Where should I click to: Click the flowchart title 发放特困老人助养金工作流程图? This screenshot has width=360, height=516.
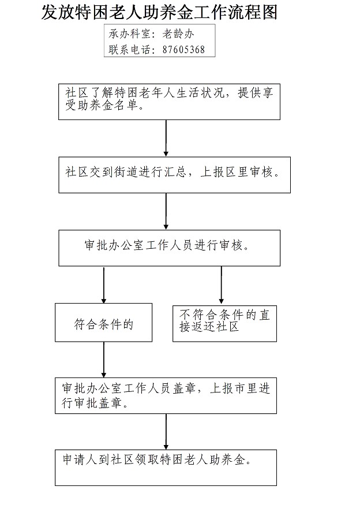(x=159, y=12)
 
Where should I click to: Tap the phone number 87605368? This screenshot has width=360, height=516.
(x=183, y=50)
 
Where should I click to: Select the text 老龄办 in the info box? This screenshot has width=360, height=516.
(x=178, y=33)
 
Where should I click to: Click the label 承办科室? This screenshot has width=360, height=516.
(x=129, y=33)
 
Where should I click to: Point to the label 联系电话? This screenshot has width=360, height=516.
(x=129, y=50)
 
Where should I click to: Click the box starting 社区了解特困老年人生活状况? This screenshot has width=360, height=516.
(x=169, y=102)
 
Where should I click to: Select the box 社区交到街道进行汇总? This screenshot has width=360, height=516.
(x=174, y=175)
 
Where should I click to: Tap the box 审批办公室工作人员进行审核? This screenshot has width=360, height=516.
(x=169, y=248)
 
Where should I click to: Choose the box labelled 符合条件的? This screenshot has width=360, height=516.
(x=103, y=323)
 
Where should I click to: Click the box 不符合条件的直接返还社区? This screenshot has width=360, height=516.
(x=224, y=323)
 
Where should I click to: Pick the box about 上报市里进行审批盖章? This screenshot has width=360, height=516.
(x=166, y=395)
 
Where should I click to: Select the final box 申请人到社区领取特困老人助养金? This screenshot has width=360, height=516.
(x=166, y=468)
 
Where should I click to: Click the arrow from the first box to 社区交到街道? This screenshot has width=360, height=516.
(x=166, y=138)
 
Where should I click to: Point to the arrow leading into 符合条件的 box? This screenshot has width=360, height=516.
(x=104, y=285)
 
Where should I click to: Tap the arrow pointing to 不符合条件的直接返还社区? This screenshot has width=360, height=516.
(x=221, y=285)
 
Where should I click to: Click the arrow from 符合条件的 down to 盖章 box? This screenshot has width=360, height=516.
(x=104, y=360)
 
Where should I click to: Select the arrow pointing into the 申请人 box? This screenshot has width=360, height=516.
(x=166, y=431)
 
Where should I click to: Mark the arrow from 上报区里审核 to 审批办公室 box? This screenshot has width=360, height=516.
(x=166, y=211)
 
